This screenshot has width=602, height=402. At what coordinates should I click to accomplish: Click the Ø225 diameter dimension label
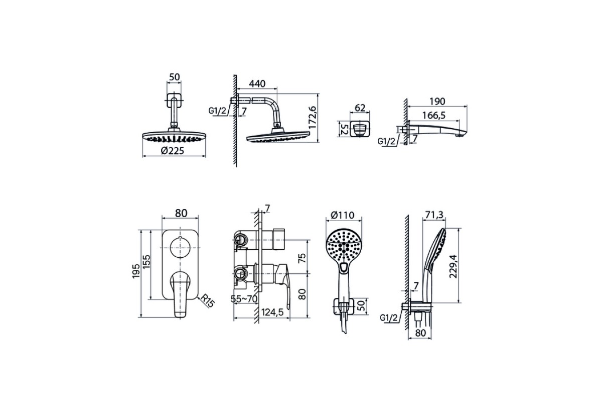click(x=173, y=151)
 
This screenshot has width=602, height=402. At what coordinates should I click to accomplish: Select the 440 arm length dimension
click(x=257, y=84)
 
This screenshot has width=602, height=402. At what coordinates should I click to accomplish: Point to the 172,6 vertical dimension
click(x=313, y=118)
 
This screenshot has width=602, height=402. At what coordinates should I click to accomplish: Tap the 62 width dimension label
click(x=360, y=108)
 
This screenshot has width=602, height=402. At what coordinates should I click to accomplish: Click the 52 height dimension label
click(x=344, y=129)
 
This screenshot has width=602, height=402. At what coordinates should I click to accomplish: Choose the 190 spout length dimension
click(x=437, y=101)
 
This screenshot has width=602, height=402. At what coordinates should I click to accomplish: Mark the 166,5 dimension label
click(x=434, y=116)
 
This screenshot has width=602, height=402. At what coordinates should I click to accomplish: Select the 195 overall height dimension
click(x=136, y=271)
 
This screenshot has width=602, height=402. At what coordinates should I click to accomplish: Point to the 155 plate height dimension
click(x=146, y=262)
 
